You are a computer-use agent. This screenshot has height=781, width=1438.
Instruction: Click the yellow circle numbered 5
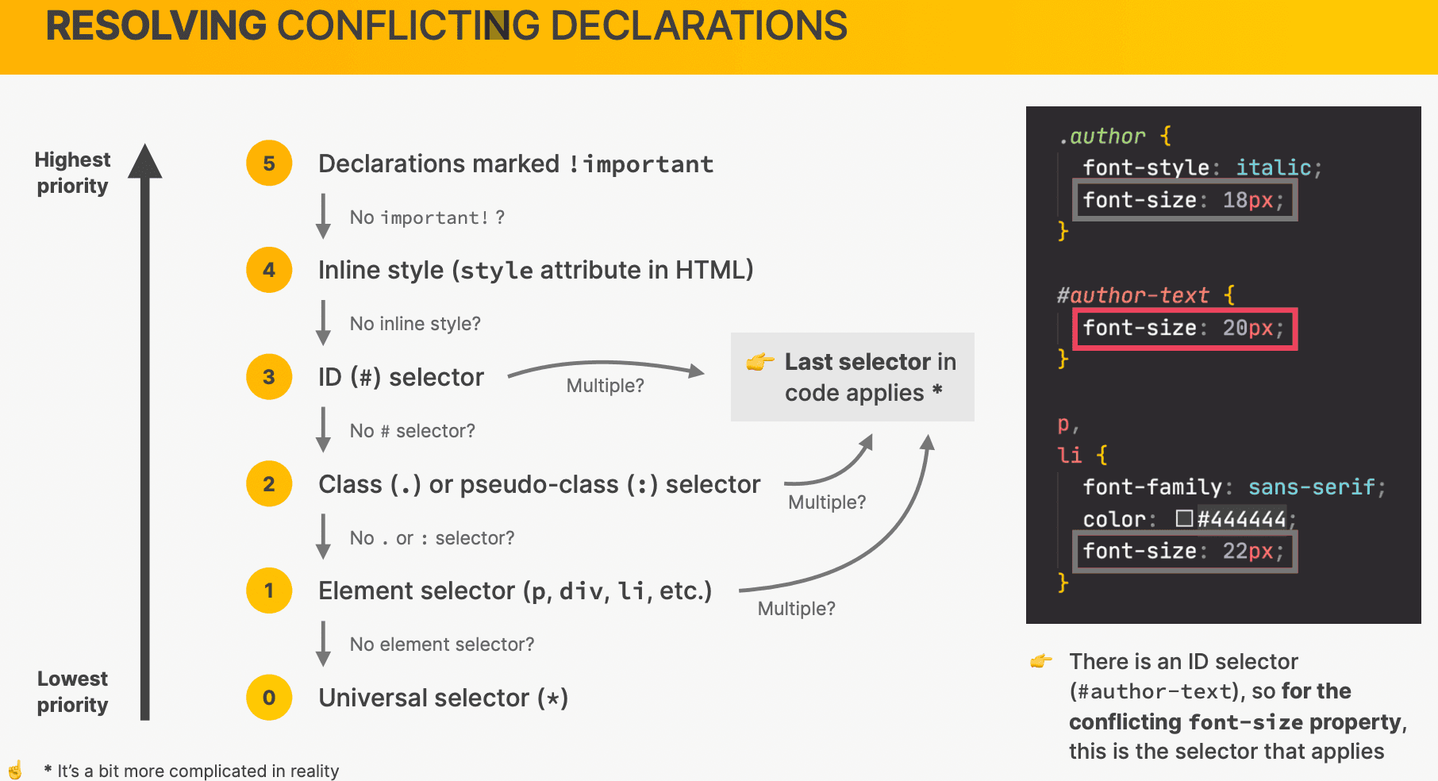click(269, 163)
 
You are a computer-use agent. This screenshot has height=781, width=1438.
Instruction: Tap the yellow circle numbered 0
click(269, 698)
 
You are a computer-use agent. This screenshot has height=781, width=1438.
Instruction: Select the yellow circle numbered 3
click(269, 376)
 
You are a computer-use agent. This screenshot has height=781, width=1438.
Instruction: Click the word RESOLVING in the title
click(156, 25)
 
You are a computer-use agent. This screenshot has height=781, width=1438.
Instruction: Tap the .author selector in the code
click(1102, 137)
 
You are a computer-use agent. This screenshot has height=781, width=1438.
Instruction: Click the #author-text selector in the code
click(1133, 295)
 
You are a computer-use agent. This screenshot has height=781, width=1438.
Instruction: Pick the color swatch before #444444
click(1184, 518)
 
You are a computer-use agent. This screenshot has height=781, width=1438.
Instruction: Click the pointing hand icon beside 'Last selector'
click(759, 362)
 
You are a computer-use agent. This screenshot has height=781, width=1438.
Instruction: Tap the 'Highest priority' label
click(72, 172)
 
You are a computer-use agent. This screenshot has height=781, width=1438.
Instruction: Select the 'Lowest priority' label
click(72, 691)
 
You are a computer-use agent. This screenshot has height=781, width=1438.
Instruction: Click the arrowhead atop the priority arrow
click(145, 160)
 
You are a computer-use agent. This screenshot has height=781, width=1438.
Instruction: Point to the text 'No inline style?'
click(415, 324)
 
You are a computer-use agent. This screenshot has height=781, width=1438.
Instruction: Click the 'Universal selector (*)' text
click(443, 698)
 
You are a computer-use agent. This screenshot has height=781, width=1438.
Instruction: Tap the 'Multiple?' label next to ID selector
click(605, 386)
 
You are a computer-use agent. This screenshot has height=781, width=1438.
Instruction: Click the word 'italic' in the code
click(1274, 167)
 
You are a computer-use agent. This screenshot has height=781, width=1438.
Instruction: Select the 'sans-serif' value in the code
click(1312, 487)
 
